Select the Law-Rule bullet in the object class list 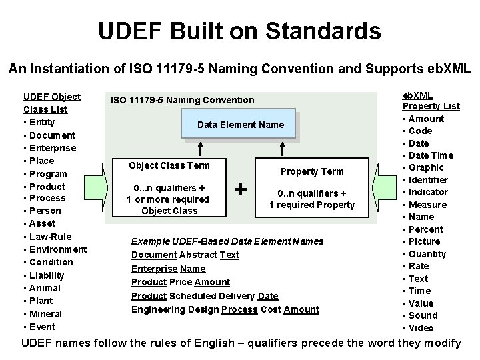(x=50, y=237)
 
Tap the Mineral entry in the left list (x=45, y=314)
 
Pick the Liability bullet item (x=47, y=275)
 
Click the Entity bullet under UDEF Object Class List (x=41, y=122)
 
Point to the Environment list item (x=58, y=249)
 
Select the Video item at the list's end (x=421, y=328)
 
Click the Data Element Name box (x=241, y=125)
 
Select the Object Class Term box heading (x=169, y=165)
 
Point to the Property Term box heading (x=311, y=171)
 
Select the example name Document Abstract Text (x=185, y=255)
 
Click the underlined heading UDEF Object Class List (x=52, y=103)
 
